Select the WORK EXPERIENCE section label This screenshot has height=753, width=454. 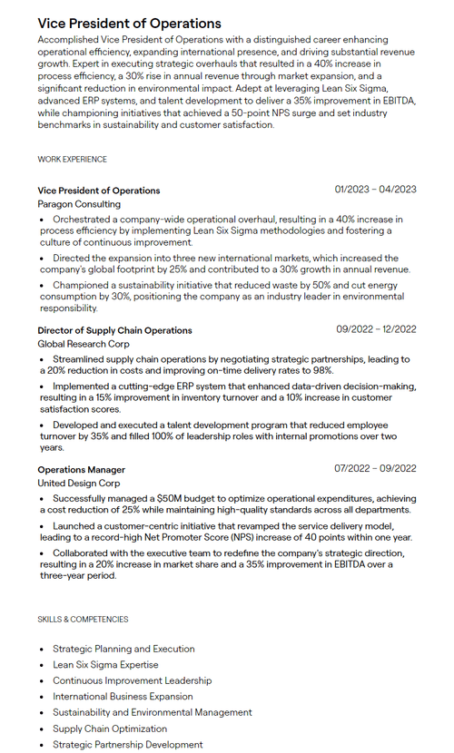[x=72, y=160]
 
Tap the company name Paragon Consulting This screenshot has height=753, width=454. [x=78, y=204]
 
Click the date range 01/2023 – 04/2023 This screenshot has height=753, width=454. [x=375, y=190]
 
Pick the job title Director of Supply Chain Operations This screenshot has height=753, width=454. [x=114, y=330]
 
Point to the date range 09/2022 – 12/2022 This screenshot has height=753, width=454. [x=376, y=329]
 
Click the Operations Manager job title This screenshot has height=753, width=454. [x=81, y=470]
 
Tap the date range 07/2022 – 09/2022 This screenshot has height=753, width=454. [x=375, y=469]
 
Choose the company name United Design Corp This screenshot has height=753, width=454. [x=78, y=484]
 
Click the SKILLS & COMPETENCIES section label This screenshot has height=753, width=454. [x=83, y=620]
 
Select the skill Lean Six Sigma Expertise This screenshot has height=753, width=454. [x=105, y=665]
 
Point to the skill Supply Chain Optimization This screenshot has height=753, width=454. [x=111, y=729]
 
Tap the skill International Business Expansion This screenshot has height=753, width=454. [x=123, y=697]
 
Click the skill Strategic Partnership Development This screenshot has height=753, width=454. [x=127, y=745]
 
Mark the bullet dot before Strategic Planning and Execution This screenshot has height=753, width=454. [x=42, y=650]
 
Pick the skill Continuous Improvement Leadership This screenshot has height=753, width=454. [x=132, y=680]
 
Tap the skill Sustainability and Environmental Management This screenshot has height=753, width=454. [x=152, y=713]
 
